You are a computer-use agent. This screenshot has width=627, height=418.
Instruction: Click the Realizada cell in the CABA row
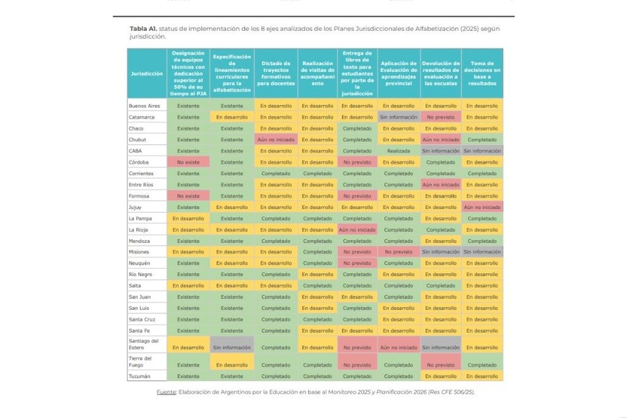click(x=399, y=151)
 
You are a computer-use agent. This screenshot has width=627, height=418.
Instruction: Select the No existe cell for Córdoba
click(x=188, y=162)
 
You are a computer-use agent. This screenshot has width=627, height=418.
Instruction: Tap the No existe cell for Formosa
click(x=188, y=196)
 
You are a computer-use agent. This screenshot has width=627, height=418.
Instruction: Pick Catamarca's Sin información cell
click(x=399, y=117)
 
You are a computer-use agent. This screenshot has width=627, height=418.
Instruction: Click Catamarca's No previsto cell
click(x=440, y=117)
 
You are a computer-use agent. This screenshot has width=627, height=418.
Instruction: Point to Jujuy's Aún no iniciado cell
click(x=482, y=207)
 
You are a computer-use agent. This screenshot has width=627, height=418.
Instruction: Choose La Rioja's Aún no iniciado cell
click(x=357, y=229)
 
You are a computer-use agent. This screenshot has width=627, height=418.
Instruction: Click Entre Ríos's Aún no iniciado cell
click(x=440, y=184)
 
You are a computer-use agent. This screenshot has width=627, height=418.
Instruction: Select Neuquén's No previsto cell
click(x=357, y=263)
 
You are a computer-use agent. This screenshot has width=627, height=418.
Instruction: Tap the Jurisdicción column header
click(x=146, y=74)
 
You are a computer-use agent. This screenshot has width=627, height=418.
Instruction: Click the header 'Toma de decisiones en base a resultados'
click(x=482, y=74)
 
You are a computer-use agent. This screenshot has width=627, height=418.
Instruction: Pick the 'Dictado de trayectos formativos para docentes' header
click(x=275, y=74)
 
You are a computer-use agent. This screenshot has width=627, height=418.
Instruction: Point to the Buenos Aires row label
click(x=144, y=106)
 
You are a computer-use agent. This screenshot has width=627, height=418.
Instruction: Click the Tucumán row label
click(x=139, y=376)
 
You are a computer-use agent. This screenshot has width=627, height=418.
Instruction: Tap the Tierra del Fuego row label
click(x=140, y=361)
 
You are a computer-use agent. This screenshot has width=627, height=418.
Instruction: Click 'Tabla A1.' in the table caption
click(x=143, y=28)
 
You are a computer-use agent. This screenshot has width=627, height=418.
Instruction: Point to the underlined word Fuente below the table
click(x=166, y=391)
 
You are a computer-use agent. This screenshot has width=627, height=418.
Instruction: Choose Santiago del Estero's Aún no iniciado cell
click(x=399, y=347)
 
